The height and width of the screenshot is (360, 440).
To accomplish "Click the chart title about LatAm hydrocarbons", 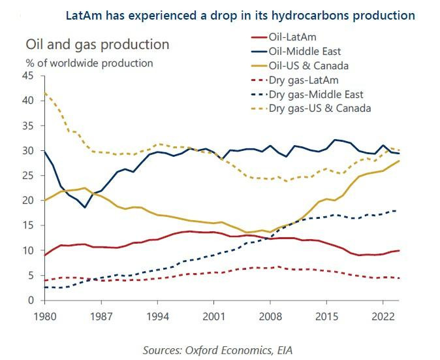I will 240,14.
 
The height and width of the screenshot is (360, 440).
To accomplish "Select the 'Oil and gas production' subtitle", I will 97,44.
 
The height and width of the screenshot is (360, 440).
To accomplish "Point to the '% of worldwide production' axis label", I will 89,63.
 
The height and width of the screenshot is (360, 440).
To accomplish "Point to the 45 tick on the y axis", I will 28,76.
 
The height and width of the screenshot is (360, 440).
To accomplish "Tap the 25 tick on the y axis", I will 28,176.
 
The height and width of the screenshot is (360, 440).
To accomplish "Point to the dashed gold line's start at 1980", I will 44,93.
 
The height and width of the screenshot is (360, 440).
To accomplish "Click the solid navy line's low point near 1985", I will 84,207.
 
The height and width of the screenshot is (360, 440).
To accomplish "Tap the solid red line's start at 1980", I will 44,255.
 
